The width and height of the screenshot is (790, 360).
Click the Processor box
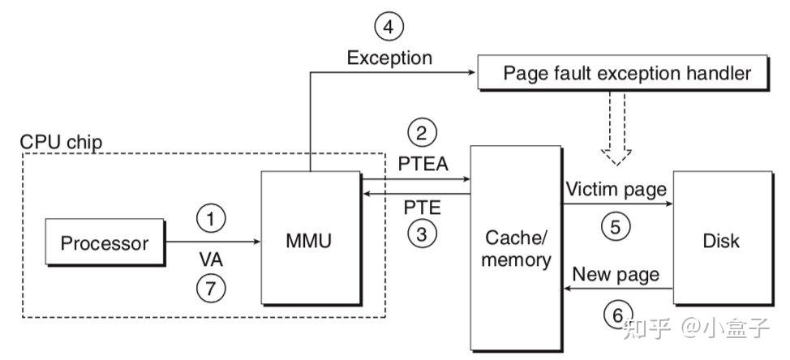point(105,242)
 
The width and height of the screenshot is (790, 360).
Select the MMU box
point(310,241)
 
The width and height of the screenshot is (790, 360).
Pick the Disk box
point(722,241)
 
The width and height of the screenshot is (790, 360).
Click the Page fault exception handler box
point(627,73)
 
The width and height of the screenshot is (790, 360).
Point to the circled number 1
point(211,218)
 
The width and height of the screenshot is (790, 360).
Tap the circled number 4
point(389,28)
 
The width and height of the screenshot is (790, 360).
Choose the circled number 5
point(615,226)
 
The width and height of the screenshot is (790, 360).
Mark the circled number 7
point(211,287)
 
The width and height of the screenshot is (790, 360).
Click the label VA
point(211,263)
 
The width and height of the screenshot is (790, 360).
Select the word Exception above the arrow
point(389,58)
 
